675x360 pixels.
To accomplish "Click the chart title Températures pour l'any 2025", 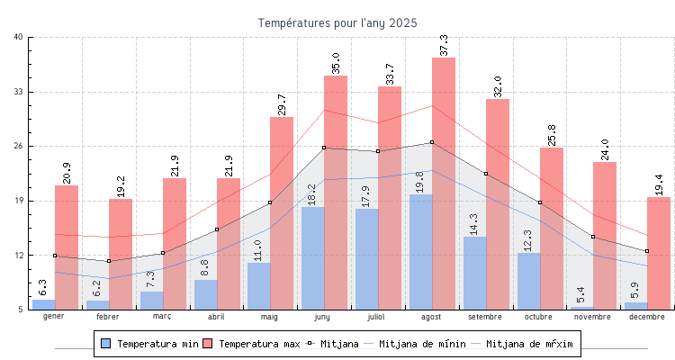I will pyautogui.click(x=337, y=22).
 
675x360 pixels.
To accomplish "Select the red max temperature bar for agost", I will pyautogui.click(x=444, y=180).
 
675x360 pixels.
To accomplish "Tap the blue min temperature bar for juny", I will pyautogui.click(x=313, y=261).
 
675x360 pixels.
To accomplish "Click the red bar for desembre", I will pyautogui.click(x=659, y=252).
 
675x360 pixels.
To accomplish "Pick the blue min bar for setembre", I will pyautogui.click(x=474, y=274).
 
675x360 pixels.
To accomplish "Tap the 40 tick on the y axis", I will pyautogui.click(x=19, y=37).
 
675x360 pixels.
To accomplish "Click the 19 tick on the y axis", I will pyautogui.click(x=19, y=201).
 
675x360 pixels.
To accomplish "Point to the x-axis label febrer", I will pyautogui.click(x=108, y=317).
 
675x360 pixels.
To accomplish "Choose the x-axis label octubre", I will pyautogui.click(x=539, y=317).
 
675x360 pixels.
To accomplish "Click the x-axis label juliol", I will pyautogui.click(x=378, y=317).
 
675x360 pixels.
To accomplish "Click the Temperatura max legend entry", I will pyautogui.click(x=251, y=344).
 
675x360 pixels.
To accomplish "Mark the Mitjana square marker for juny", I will pyautogui.click(x=324, y=148).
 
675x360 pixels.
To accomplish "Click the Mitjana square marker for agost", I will pyautogui.click(x=432, y=142).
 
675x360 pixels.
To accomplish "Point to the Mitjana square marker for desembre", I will pyautogui.click(x=647, y=251).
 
